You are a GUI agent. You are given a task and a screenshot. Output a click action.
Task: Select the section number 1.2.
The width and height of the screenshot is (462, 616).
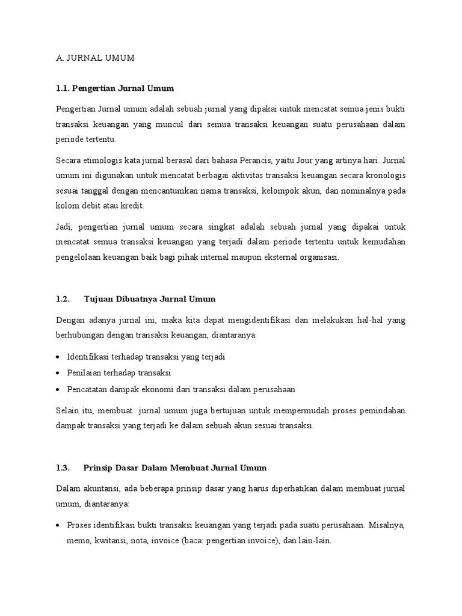point(63,298)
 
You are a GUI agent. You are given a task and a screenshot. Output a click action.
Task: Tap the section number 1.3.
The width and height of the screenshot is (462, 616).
point(63,467)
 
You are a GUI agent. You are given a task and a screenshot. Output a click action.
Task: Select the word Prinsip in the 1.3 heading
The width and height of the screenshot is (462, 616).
point(99,467)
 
